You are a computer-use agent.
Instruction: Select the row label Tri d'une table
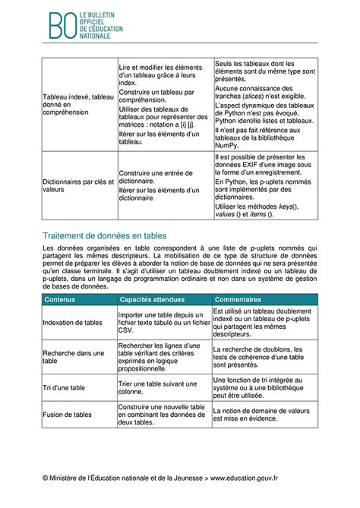64,388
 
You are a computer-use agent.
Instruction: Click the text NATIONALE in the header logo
96,36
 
